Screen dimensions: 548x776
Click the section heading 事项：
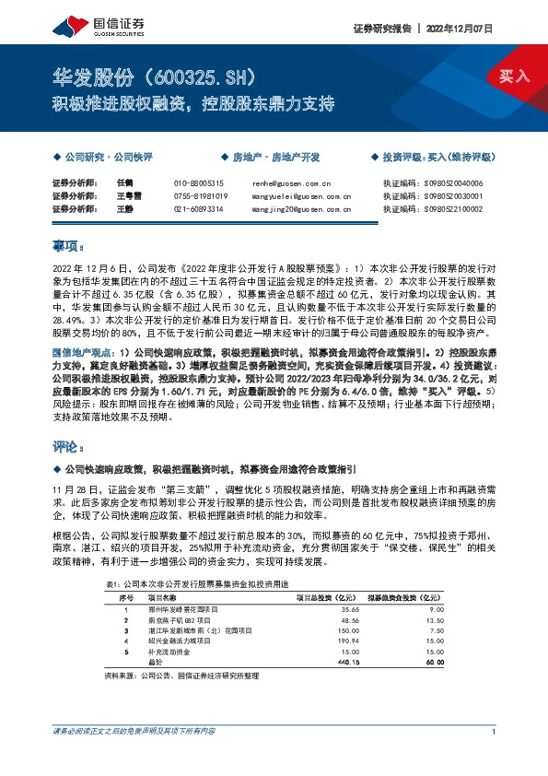click(x=67, y=247)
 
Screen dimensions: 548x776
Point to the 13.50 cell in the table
click(x=434, y=620)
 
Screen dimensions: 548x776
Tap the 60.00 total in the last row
click(x=434, y=664)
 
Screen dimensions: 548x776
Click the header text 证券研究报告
click(x=381, y=29)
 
